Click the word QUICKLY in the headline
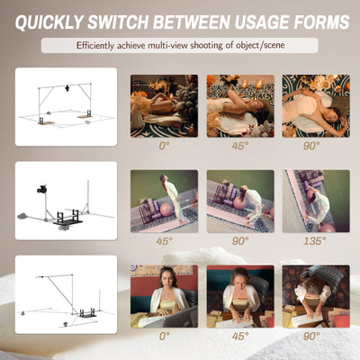tap(49, 22)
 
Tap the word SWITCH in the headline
tap(118, 22)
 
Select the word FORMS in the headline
tap(321, 22)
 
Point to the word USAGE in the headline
tap(262, 22)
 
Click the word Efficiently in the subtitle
tap(95, 46)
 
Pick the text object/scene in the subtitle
tap(260, 46)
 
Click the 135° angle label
tap(315, 240)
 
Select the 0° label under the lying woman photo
tap(164, 146)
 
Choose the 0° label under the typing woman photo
tap(164, 336)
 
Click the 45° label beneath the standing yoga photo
tap(164, 240)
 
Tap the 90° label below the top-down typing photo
tap(311, 336)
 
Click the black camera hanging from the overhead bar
tap(67, 88)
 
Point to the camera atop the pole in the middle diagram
tap(41, 189)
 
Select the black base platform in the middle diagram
tap(67, 222)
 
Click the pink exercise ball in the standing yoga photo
tap(166, 210)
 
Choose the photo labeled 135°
tap(316, 201)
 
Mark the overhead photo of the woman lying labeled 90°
tap(316, 105)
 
